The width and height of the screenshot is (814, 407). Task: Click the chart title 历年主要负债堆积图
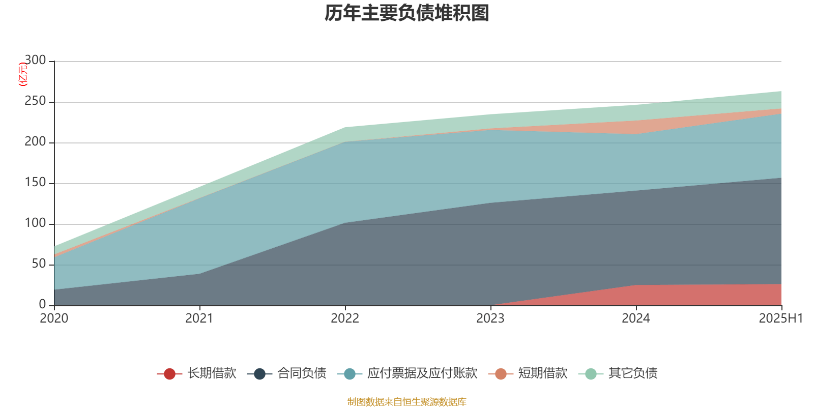pyautogui.click(x=407, y=13)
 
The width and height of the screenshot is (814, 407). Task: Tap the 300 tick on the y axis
pyautogui.click(x=35, y=61)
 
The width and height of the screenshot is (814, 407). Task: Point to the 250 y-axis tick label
pyautogui.click(x=35, y=101)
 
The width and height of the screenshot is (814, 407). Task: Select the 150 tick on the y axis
pyautogui.click(x=35, y=183)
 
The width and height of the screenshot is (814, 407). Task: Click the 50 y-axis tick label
pyautogui.click(x=39, y=264)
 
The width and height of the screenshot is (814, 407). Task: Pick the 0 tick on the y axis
pyautogui.click(x=42, y=305)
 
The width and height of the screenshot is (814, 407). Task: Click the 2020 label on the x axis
pyautogui.click(x=54, y=318)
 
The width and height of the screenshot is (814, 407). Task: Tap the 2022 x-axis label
pyautogui.click(x=345, y=318)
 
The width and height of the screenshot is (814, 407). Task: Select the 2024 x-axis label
pyautogui.click(x=636, y=318)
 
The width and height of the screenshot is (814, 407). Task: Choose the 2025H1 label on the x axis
pyautogui.click(x=780, y=318)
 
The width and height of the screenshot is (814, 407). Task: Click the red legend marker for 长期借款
pyautogui.click(x=169, y=374)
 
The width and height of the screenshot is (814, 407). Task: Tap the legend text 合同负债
pyautogui.click(x=302, y=373)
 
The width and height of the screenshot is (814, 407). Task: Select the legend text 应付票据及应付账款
pyautogui.click(x=422, y=373)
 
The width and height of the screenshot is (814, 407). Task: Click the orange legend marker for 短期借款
pyautogui.click(x=501, y=374)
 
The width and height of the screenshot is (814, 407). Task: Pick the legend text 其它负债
pyautogui.click(x=633, y=373)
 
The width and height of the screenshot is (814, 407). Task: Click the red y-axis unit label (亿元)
pyautogui.click(x=22, y=75)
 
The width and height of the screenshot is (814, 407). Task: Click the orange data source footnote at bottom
pyautogui.click(x=407, y=402)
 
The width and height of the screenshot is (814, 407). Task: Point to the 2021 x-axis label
pyautogui.click(x=199, y=318)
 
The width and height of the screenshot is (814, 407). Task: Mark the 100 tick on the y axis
pyautogui.click(x=35, y=223)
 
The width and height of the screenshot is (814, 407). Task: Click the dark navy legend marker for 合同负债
pyautogui.click(x=259, y=374)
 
